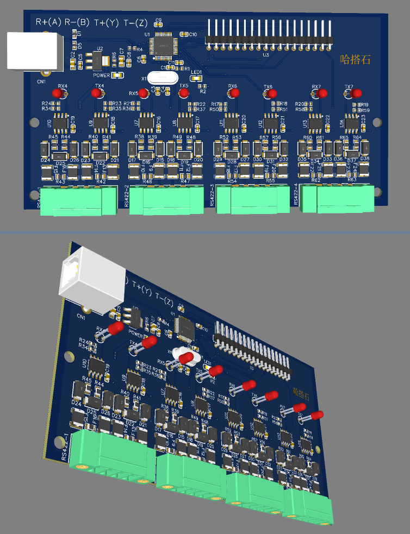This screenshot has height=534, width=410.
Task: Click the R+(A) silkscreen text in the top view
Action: click(x=48, y=22)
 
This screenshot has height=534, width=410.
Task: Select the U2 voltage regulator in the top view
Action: click(x=98, y=62)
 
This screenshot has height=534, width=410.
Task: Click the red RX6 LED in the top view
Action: click(x=234, y=93)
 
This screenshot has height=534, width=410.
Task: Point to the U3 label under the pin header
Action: click(x=266, y=55)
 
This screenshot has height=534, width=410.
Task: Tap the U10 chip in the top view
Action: click(x=60, y=124)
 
